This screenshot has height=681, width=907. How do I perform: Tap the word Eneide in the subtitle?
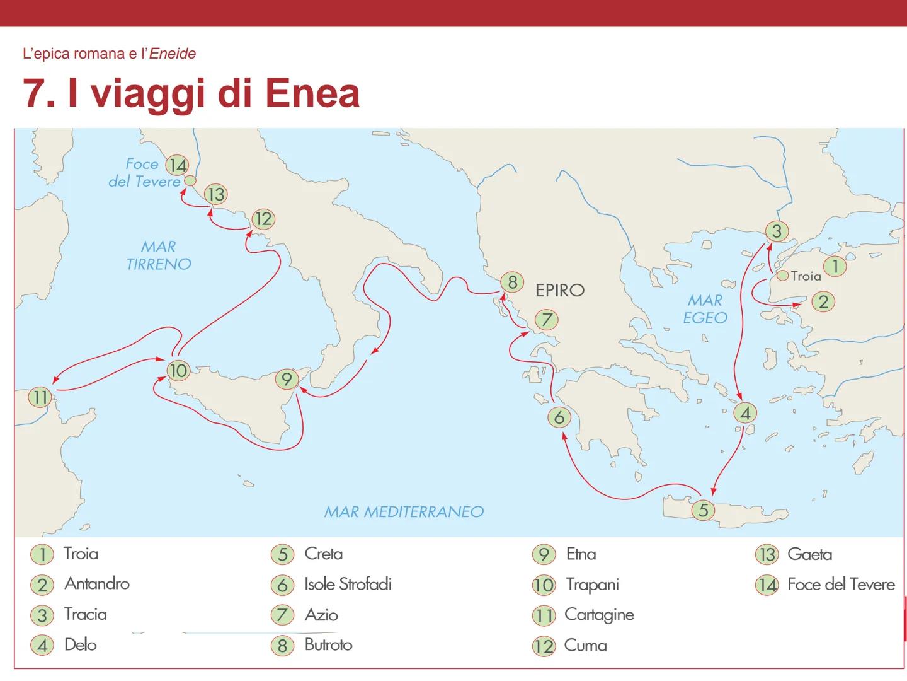172,54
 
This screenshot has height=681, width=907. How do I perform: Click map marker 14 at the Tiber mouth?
177,165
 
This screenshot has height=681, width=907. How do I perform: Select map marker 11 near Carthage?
40,397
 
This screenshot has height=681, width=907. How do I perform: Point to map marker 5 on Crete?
703,509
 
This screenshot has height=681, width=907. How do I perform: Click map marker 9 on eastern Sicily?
287,379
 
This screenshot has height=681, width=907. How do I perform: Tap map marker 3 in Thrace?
776,231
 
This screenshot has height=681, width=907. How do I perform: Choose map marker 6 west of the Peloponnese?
559,417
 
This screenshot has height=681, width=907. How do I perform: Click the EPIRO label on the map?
559,290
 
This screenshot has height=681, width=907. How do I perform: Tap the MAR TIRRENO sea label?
158,255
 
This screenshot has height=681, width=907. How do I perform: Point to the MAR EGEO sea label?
705,309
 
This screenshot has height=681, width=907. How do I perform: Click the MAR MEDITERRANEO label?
404,511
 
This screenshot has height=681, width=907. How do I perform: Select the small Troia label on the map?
806,276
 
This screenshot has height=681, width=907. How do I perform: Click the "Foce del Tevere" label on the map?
144,173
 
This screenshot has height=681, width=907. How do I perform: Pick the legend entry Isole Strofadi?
348,584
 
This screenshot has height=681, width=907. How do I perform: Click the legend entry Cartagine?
598,614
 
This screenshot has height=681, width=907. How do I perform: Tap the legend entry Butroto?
328,644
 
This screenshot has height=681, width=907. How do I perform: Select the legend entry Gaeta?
809,554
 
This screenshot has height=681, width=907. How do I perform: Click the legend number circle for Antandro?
42,585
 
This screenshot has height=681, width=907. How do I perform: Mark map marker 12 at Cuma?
263,219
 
